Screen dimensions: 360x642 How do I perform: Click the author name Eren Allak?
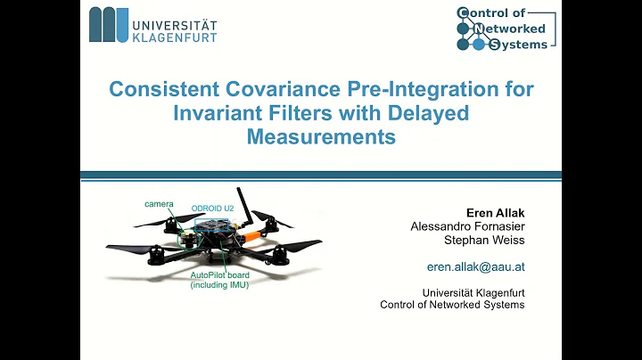point(495,213)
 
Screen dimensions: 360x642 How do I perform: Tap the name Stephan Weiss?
point(487,241)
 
